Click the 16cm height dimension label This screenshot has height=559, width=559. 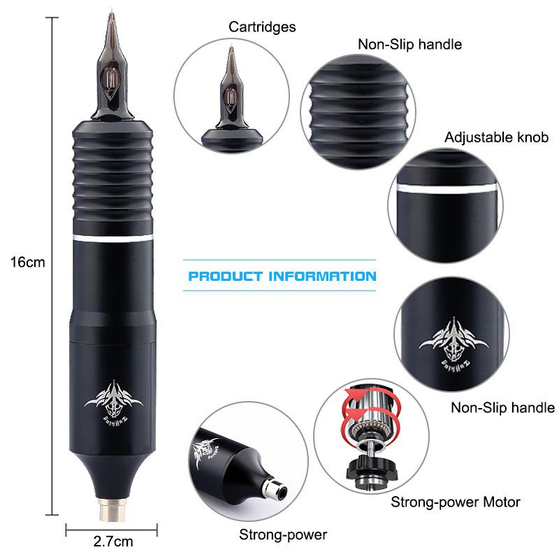27,263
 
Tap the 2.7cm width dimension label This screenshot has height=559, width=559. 112,540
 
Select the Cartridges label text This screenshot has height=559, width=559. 262,27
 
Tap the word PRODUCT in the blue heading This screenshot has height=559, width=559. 225,276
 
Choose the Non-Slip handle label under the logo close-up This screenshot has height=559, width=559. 502,407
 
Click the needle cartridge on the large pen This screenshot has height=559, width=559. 112,70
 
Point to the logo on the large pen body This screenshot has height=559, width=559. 113,398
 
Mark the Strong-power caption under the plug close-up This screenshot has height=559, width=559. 283,535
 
